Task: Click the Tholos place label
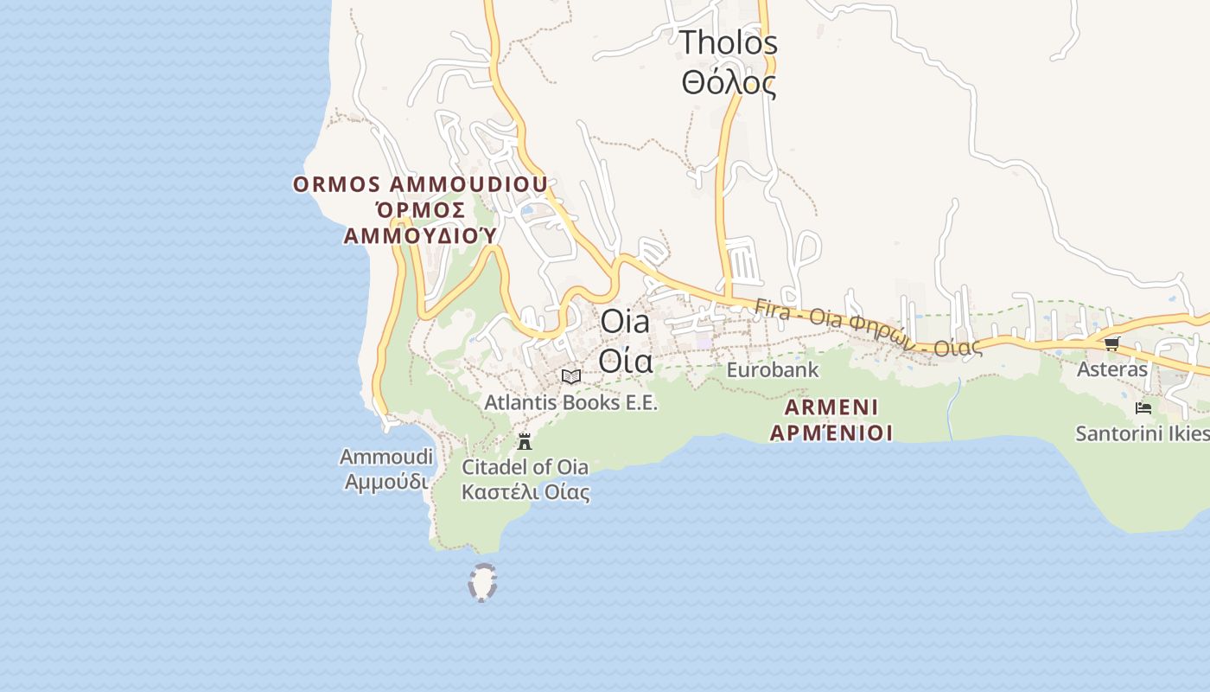(728, 42)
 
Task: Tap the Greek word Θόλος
(728, 83)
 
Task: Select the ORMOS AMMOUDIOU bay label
(420, 184)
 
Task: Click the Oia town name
(624, 322)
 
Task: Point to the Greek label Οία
(625, 361)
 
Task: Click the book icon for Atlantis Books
(570, 376)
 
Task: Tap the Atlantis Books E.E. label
(570, 402)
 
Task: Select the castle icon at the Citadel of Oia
(524, 442)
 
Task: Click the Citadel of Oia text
(525, 467)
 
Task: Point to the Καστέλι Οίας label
(525, 492)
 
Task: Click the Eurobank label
(772, 370)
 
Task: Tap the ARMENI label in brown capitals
(831, 407)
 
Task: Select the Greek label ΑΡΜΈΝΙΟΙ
(831, 432)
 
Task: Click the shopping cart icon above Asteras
(1111, 344)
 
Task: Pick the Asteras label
(1111, 369)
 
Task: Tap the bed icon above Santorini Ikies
(1143, 407)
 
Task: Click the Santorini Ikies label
(1141, 432)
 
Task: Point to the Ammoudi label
(385, 457)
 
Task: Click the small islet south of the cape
(482, 582)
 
